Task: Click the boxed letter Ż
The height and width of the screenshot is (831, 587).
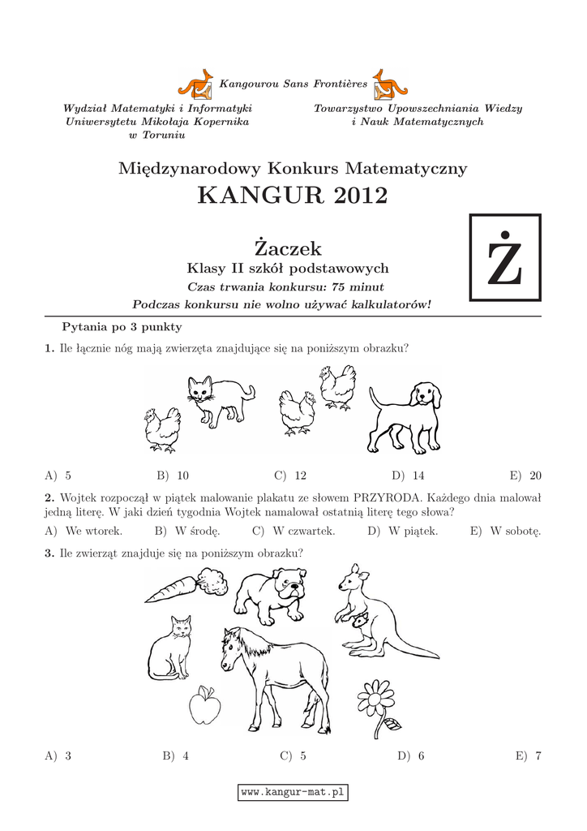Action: (x=505, y=259)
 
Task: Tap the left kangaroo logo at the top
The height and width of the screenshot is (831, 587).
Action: (x=195, y=84)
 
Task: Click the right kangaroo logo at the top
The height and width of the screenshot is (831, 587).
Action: (x=390, y=84)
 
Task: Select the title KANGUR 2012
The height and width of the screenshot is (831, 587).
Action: (x=293, y=196)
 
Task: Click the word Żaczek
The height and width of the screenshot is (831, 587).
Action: (x=288, y=248)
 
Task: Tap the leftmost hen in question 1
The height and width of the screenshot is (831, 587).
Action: (x=162, y=428)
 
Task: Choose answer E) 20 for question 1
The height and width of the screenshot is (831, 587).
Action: (x=528, y=476)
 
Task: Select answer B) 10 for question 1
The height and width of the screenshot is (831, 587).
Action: (x=173, y=476)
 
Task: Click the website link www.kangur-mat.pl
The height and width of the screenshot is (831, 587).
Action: (x=293, y=791)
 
